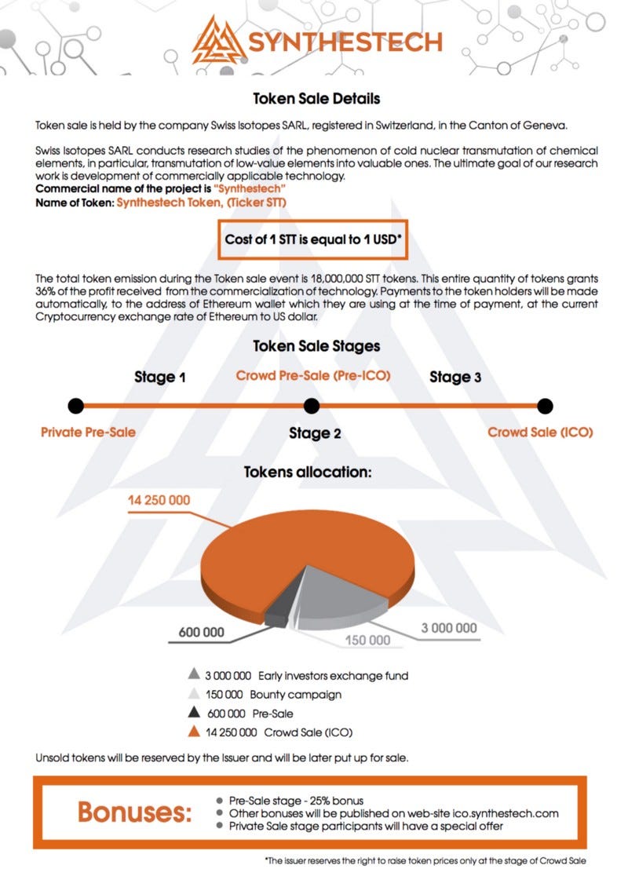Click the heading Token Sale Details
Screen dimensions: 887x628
[x=316, y=100]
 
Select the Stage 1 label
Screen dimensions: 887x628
[x=160, y=377]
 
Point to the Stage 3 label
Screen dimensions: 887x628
[x=455, y=377]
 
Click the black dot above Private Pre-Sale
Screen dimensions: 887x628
[x=76, y=406]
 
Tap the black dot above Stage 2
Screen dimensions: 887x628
[x=312, y=406]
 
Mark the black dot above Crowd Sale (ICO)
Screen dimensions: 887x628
[x=546, y=406]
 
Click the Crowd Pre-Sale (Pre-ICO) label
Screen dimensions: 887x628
[x=313, y=375]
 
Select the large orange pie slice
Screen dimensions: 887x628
[x=298, y=549]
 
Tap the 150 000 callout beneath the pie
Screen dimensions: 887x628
[x=368, y=640]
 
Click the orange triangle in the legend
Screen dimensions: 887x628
[x=193, y=732]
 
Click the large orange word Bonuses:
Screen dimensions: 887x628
[x=134, y=812]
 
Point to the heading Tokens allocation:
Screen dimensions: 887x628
[x=308, y=473]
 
